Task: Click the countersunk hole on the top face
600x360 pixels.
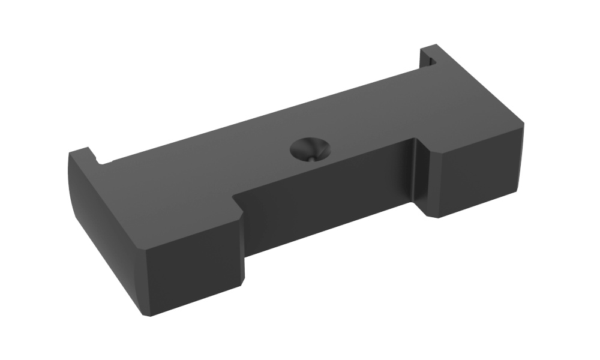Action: [x=309, y=149]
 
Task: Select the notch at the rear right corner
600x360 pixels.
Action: [x=430, y=59]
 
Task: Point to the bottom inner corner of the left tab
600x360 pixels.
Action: [x=245, y=282]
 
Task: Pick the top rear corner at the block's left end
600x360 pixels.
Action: [x=71, y=153]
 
